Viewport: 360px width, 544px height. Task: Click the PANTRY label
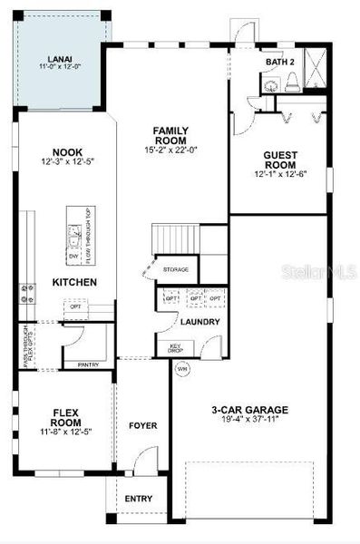tap(88, 364)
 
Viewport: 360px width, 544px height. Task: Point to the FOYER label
tap(142, 425)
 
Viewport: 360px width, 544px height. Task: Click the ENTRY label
tap(139, 499)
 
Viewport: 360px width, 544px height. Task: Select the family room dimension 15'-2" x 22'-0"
tap(170, 151)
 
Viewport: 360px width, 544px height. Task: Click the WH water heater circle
tap(181, 368)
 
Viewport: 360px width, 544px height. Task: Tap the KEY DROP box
tap(178, 348)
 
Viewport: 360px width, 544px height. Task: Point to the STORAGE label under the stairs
tap(176, 269)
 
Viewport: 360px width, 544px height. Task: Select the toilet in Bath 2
tap(291, 82)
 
